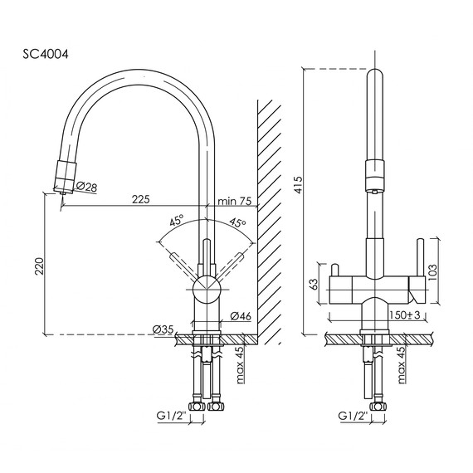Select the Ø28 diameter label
click(87, 188)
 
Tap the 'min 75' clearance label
click(233, 200)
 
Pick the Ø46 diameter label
click(241, 316)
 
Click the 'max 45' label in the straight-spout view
click(401, 364)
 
